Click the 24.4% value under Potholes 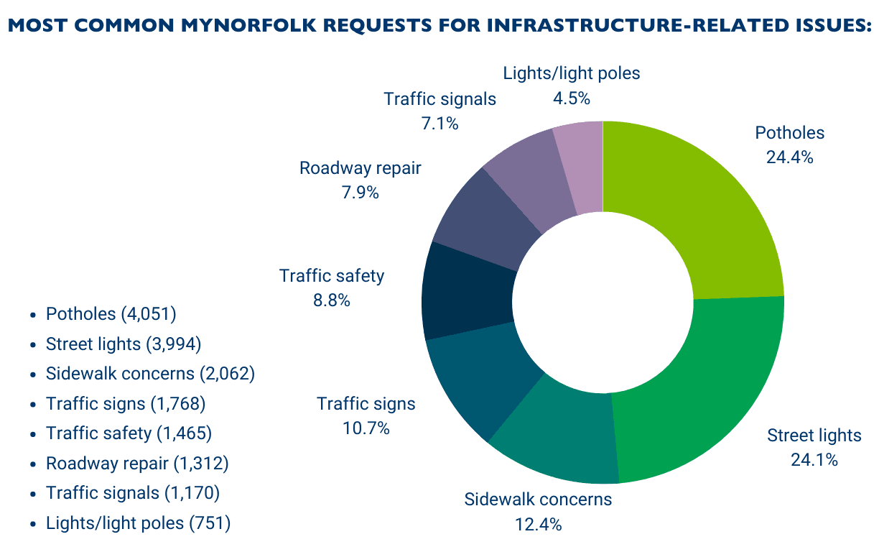(789, 157)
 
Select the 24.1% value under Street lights (814, 460)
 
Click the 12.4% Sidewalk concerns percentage (538, 524)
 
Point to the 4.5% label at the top (571, 98)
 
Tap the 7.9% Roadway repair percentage (360, 193)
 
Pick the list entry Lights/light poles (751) (138, 523)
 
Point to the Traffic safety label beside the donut (332, 276)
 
